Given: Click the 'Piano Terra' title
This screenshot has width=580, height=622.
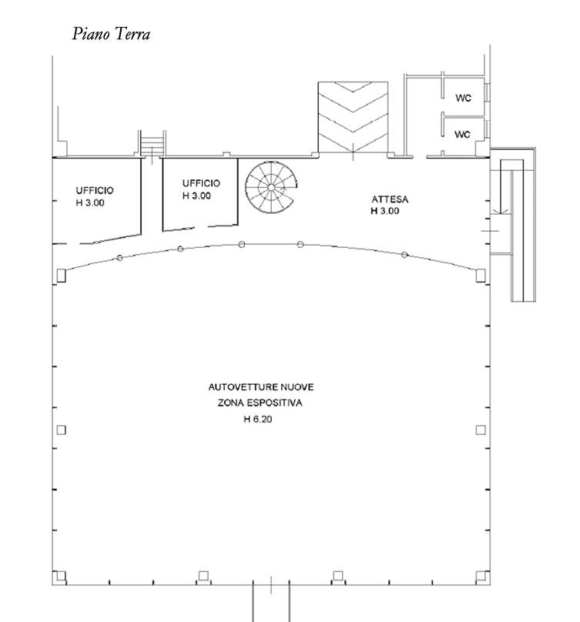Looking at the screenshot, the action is (111, 34).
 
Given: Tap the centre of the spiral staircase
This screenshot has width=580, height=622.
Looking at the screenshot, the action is (271, 187).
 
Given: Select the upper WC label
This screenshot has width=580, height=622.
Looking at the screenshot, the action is (463, 98).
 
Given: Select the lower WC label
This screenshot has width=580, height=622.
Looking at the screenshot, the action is (462, 135).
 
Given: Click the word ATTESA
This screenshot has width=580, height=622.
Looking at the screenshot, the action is (390, 199).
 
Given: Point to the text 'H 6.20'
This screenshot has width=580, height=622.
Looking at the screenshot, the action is (258, 420).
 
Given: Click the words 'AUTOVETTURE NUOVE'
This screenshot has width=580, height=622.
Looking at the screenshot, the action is (261, 386).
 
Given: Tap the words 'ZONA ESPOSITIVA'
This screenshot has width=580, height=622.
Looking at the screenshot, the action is (260, 403).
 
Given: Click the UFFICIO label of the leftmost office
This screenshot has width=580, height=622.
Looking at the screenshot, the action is (95, 190).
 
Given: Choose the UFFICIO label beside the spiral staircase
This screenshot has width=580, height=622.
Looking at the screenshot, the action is (201, 183).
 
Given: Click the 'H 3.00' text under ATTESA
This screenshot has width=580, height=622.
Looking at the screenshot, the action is (385, 211).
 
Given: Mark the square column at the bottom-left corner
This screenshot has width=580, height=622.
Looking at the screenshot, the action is (60, 576).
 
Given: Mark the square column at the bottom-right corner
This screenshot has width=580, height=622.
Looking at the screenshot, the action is (481, 576).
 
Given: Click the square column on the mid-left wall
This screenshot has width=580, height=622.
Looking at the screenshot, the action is (61, 430).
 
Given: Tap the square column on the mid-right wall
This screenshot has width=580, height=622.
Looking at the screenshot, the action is (481, 430).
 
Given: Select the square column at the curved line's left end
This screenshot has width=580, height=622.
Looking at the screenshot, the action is (61, 276).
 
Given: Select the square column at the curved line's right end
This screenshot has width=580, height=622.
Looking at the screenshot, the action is (481, 276).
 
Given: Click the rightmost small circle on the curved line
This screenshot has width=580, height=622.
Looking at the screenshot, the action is (404, 255).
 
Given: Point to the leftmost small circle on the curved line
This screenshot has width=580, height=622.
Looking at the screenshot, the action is (120, 258).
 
